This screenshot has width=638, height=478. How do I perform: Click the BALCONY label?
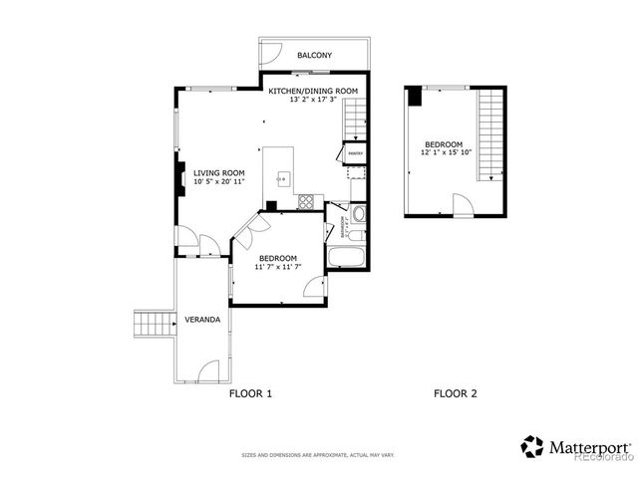[x=314, y=56]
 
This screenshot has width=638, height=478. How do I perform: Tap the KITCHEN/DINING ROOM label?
[x=313, y=92]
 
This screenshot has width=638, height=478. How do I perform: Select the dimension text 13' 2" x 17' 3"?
[x=313, y=101]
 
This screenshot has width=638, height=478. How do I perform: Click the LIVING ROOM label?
[x=219, y=172]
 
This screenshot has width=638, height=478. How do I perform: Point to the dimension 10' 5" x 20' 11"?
[x=219, y=181]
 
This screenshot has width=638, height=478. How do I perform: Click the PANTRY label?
[x=355, y=153]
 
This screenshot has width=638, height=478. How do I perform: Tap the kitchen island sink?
[x=283, y=180]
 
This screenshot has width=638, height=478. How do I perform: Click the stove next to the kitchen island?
[x=307, y=201]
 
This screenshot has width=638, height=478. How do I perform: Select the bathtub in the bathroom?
[x=347, y=259]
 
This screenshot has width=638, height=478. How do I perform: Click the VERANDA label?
[x=202, y=321]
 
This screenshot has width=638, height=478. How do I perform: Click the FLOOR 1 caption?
[x=250, y=393]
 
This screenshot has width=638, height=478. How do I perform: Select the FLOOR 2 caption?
[x=455, y=393]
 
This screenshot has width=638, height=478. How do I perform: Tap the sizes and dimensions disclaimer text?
[x=318, y=455]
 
